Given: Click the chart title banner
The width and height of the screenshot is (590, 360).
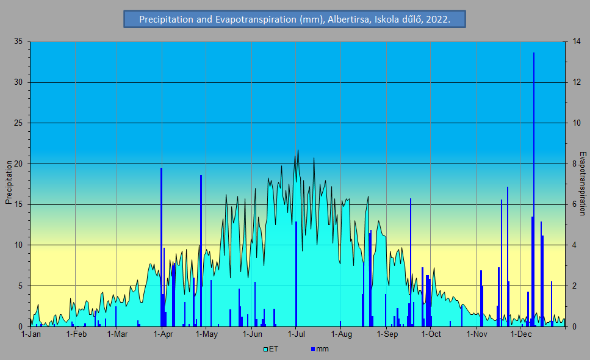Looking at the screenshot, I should (295, 20).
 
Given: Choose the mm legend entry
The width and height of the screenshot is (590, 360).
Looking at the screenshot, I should (320, 349).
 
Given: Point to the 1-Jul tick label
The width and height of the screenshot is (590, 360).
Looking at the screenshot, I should (296, 334).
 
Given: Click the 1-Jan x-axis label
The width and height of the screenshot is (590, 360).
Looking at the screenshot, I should (31, 334).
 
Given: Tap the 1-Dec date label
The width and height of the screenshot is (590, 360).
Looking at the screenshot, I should (520, 334).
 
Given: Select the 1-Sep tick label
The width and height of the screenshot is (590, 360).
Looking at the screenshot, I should (387, 334).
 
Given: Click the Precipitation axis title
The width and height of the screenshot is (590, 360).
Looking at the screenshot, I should (9, 182).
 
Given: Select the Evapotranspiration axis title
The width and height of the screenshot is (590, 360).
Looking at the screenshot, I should (583, 183).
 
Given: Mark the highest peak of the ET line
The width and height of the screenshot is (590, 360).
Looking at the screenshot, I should (298, 150).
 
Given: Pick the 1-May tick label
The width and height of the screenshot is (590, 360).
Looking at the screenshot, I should (206, 334).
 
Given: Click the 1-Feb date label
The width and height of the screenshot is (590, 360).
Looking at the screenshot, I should (76, 334).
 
